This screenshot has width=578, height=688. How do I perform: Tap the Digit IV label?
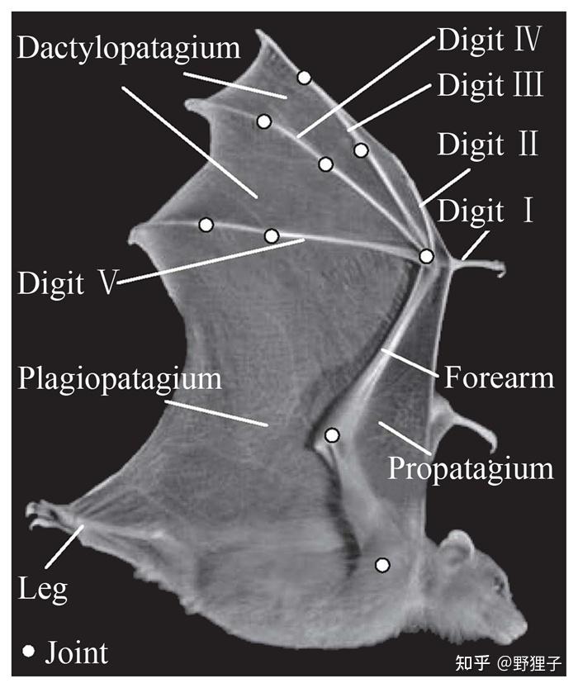(x=489, y=40)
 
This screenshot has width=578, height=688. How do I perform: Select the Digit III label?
(x=490, y=85)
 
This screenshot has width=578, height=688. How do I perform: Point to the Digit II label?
(x=487, y=145)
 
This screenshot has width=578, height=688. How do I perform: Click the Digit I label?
(x=486, y=212)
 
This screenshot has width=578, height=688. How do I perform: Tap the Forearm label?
(x=499, y=378)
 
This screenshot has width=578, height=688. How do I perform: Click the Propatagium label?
(x=470, y=468)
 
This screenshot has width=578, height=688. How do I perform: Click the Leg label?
(x=42, y=589)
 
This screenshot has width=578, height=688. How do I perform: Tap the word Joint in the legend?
(x=76, y=652)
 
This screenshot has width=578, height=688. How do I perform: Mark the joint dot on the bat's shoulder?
(x=382, y=565)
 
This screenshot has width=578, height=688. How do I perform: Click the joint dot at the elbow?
(x=332, y=434)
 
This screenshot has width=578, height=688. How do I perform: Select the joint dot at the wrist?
(x=426, y=256)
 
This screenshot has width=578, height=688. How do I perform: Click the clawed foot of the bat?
(x=41, y=517)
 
